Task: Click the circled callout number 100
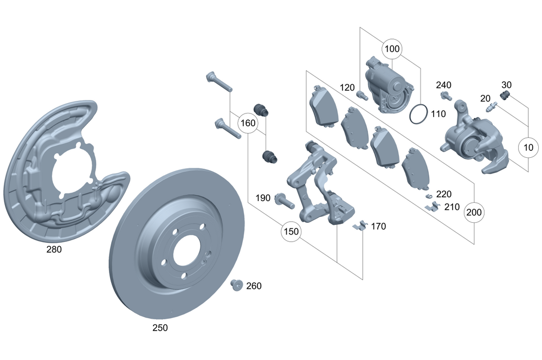pos(392,49)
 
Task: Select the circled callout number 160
pos(248,123)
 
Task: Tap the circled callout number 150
pos(291,232)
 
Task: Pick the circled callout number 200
pos(474,213)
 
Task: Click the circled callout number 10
pos(529,146)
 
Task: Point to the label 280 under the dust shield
pos(54,249)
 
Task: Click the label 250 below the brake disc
pos(160,327)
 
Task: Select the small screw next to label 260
pos(236,285)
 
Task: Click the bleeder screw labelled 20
pos(492,108)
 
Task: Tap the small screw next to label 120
pos(362,96)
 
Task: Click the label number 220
pos(443,194)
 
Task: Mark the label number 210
pos(451,207)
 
